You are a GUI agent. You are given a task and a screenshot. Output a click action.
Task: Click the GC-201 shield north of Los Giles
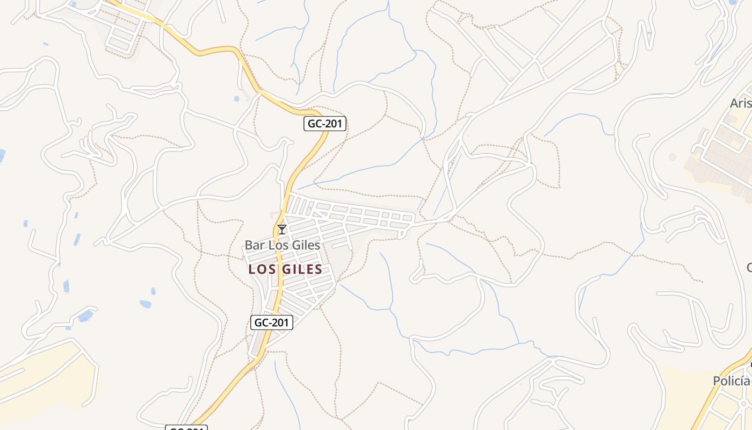pos(325,124)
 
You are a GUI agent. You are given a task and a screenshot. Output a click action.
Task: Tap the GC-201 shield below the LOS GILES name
pos(272,322)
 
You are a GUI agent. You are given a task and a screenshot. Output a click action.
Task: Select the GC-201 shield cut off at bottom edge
pos(186,428)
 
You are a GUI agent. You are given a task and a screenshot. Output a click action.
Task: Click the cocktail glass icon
pos(281,230)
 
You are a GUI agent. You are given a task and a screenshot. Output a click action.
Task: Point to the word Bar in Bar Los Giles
pos(255,246)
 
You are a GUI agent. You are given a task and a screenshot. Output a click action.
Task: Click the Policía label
pos(732,381)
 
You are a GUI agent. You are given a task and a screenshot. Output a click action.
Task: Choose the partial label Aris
pos(741,103)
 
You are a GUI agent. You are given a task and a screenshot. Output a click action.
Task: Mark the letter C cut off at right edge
pos(749,267)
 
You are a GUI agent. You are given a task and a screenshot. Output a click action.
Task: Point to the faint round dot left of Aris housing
pos(672,157)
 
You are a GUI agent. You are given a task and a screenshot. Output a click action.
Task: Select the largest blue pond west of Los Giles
pos(85,316)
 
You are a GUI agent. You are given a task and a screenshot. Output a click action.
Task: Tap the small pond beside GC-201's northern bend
pos(236,99)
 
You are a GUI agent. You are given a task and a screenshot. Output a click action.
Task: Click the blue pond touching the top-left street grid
pos(73,4)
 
